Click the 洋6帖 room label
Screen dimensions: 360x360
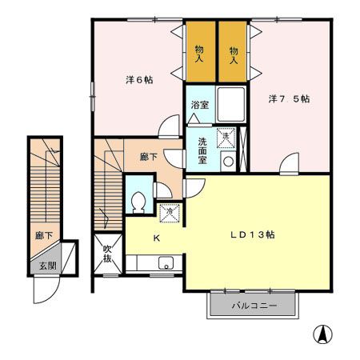click(139, 80)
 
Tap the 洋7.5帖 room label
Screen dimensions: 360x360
click(290, 99)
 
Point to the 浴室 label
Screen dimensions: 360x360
click(200, 104)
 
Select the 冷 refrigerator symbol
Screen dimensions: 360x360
click(169, 213)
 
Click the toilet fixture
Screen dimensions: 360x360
click(137, 202)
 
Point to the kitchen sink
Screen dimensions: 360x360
click(166, 263)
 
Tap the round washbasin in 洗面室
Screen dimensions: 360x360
click(228, 160)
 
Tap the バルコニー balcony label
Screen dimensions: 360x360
click(254, 306)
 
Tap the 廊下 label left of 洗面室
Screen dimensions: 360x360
click(149, 157)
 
